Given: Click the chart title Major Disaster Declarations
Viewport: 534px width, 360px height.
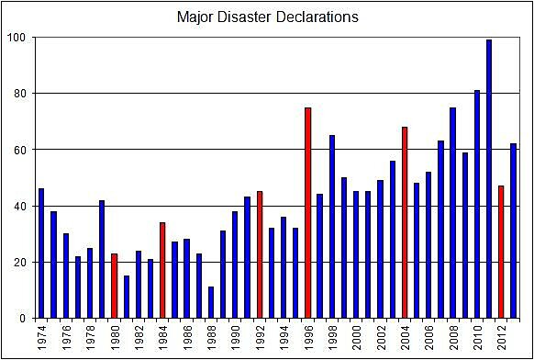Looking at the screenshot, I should (268, 17).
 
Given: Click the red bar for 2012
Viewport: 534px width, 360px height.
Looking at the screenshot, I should (501, 252).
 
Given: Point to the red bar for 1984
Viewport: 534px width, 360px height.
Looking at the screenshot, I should (162, 270).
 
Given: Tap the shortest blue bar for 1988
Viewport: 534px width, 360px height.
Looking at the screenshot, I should (211, 302).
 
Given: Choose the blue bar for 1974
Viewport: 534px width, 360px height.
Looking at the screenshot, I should (41, 253).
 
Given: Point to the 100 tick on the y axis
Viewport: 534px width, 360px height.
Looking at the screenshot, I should (17, 38).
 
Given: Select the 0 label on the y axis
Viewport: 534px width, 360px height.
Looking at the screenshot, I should (24, 319).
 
